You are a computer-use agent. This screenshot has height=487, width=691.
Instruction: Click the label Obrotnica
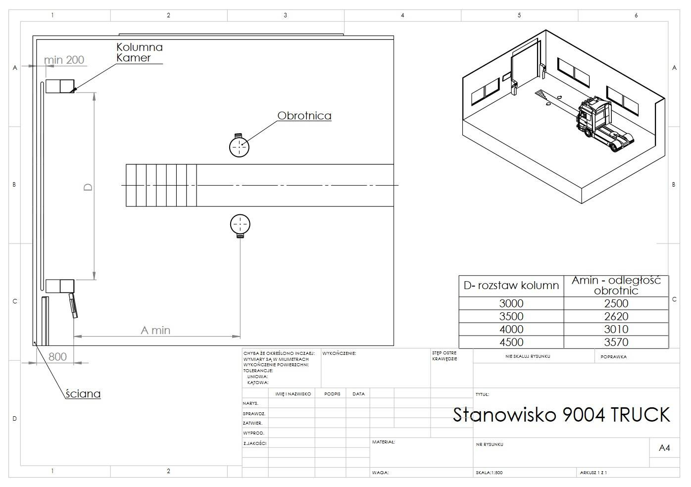pos(304,116)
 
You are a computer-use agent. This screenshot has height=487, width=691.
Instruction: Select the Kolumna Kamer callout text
pos(140,52)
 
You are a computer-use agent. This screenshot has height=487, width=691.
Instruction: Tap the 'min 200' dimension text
pos(64,60)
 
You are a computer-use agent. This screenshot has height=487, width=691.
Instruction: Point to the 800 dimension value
pos(58,357)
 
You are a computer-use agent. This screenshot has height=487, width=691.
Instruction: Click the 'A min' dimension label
pos(155,330)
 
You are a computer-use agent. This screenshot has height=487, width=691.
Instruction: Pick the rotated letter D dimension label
pos(88,187)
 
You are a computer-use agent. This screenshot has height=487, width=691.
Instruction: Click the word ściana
pos(83,394)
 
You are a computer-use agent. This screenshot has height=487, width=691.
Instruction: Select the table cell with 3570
pos(616,342)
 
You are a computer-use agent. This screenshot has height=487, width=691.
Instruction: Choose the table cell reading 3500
pos(511,316)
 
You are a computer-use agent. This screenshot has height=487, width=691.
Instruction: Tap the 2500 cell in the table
pos(616,303)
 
